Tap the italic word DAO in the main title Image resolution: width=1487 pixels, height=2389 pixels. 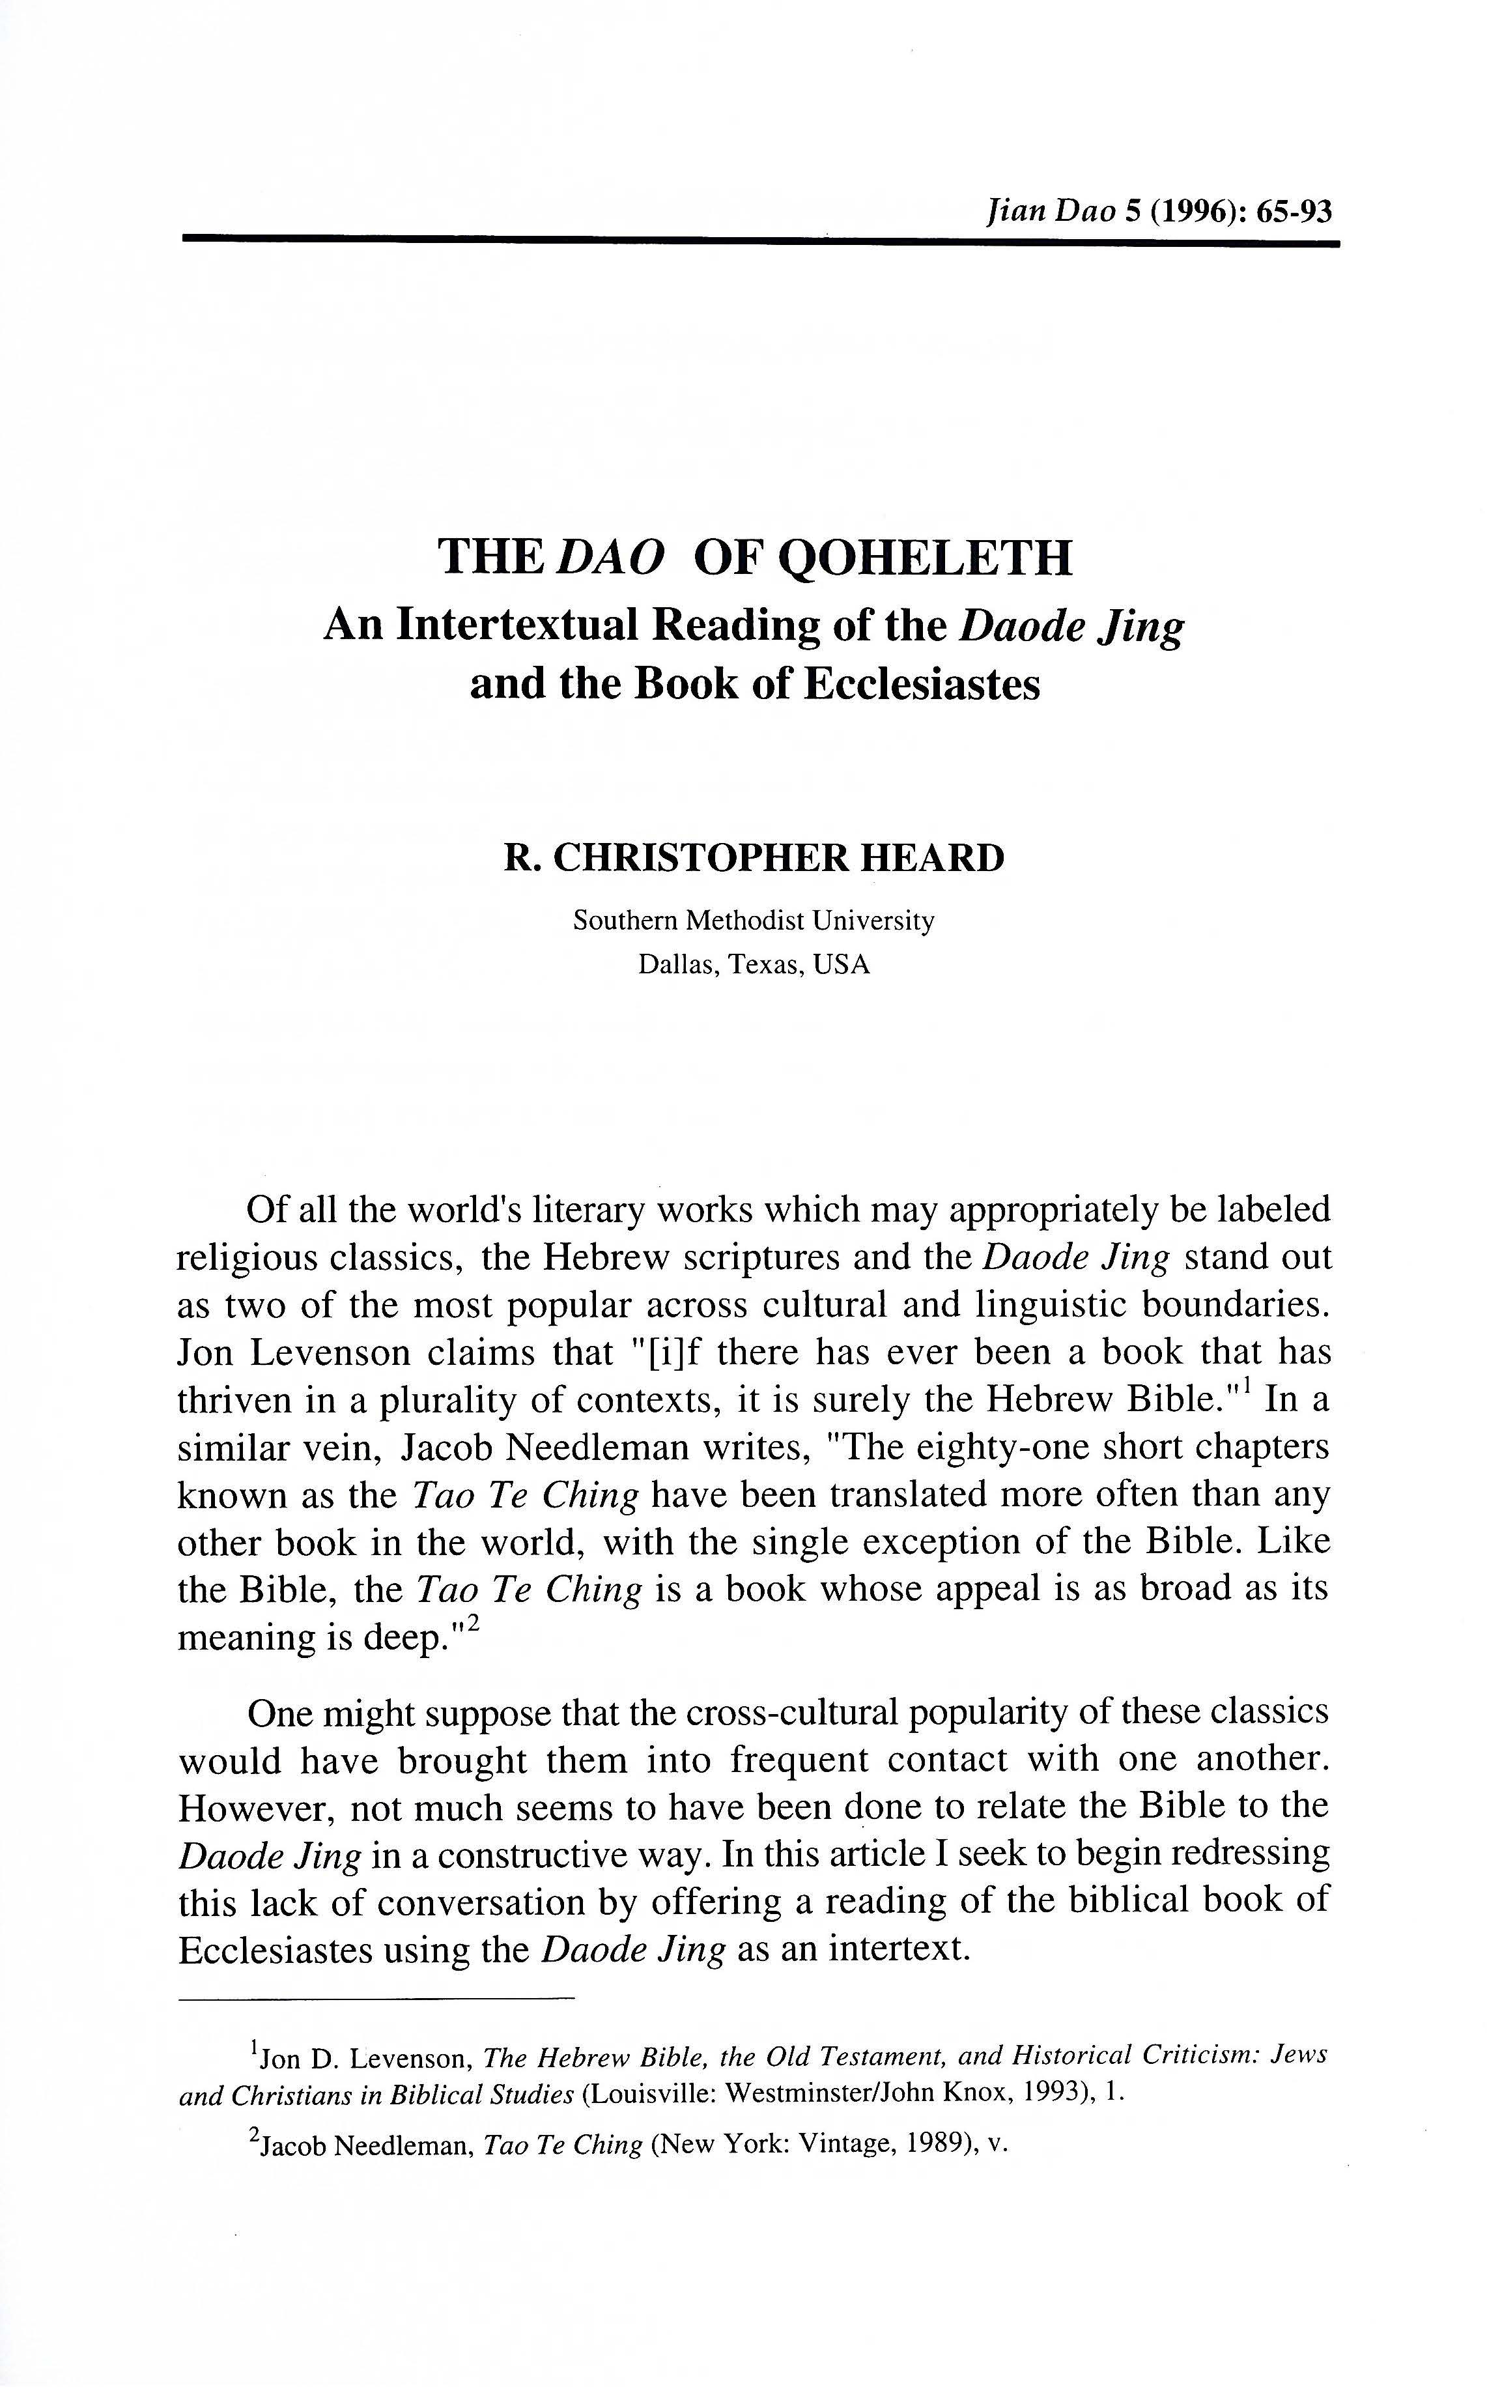coord(610,558)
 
